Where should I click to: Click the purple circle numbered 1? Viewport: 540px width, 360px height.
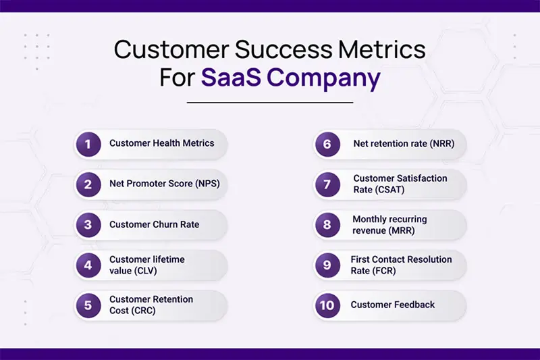pyautogui.click(x=88, y=145)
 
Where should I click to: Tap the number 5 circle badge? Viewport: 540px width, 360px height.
pyautogui.click(x=88, y=305)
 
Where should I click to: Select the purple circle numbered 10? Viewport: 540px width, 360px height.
pyautogui.click(x=327, y=305)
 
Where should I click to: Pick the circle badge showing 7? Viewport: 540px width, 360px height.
pyautogui.click(x=327, y=184)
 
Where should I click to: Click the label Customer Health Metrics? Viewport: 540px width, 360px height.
pyautogui.click(x=162, y=143)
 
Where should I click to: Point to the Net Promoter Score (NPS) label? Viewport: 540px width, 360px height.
pyautogui.click(x=165, y=184)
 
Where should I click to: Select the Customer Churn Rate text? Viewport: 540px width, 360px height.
pyautogui.click(x=155, y=224)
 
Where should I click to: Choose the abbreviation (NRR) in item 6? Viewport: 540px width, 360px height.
pyautogui.click(x=442, y=144)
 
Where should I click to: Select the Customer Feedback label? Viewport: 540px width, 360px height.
pyautogui.click(x=393, y=305)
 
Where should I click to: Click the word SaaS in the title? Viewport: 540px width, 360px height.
pyautogui.click(x=231, y=77)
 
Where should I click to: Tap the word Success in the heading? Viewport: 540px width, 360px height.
pyautogui.click(x=283, y=49)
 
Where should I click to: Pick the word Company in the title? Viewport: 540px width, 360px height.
pyautogui.click(x=324, y=79)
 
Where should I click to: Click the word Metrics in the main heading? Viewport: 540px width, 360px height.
pyautogui.click(x=382, y=49)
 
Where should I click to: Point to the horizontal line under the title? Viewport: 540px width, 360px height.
pyautogui.click(x=270, y=102)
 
